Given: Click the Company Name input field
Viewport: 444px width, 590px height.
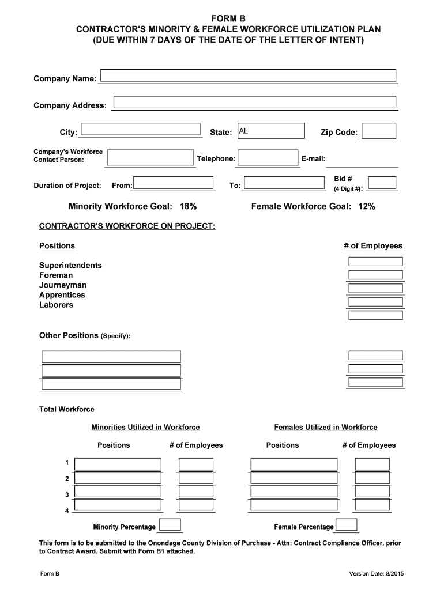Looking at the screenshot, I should click(249, 75).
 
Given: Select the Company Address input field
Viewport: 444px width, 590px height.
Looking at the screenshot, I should click(254, 103).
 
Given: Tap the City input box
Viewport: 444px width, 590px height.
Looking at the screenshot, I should click(140, 131).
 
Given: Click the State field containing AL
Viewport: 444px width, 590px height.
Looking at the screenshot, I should click(270, 131).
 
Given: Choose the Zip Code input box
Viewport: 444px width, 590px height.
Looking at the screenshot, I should click(378, 131).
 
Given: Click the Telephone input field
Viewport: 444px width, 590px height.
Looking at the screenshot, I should click(268, 158).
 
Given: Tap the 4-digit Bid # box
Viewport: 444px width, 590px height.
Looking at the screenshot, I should click(382, 183).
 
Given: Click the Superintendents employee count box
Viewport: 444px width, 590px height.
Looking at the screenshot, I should click(375, 261).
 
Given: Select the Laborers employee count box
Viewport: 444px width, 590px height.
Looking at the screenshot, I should click(375, 315).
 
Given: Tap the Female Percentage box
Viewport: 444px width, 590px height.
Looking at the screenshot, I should click(346, 525).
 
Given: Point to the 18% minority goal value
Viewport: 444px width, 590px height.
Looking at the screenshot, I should click(188, 206).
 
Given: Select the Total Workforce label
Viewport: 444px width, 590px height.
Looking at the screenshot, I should click(66, 409).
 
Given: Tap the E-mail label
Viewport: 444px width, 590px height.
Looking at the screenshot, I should click(313, 158).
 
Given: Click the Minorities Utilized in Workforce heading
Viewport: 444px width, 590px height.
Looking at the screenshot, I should click(145, 427).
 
